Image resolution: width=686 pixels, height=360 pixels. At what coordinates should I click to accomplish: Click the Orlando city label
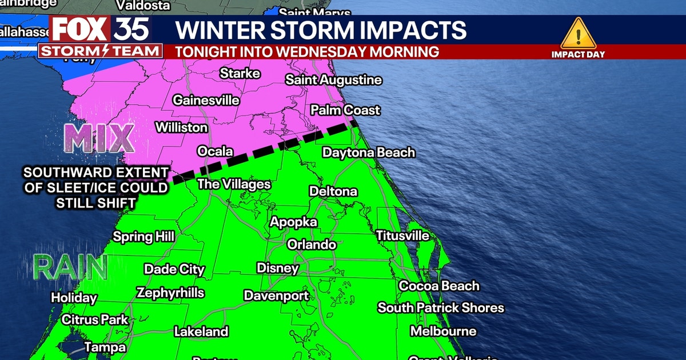tap(312, 245)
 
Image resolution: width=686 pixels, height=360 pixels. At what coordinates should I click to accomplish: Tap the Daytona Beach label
tap(369, 153)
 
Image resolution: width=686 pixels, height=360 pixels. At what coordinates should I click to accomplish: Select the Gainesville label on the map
tap(206, 100)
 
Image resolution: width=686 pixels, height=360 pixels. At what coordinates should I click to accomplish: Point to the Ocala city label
tap(215, 151)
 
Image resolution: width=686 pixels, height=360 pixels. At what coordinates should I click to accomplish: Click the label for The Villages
tap(234, 184)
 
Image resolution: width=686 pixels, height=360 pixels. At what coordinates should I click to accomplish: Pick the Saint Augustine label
tap(333, 80)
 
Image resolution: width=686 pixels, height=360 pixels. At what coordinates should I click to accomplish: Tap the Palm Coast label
tap(345, 110)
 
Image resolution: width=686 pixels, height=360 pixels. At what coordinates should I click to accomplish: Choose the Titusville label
tap(402, 235)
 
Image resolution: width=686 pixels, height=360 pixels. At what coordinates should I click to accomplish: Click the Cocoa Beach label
tap(439, 286)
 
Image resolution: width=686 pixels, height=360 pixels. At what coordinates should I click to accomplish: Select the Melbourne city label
tap(443, 331)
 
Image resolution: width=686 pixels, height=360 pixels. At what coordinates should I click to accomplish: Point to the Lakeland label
tap(201, 331)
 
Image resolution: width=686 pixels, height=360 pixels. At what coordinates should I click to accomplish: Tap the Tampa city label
tap(105, 347)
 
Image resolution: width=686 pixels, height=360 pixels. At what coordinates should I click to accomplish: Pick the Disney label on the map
tap(278, 267)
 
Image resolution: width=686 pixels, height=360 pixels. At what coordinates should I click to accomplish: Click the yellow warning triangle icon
tap(578, 34)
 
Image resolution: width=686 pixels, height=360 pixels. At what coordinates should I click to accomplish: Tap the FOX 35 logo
tap(101, 29)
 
